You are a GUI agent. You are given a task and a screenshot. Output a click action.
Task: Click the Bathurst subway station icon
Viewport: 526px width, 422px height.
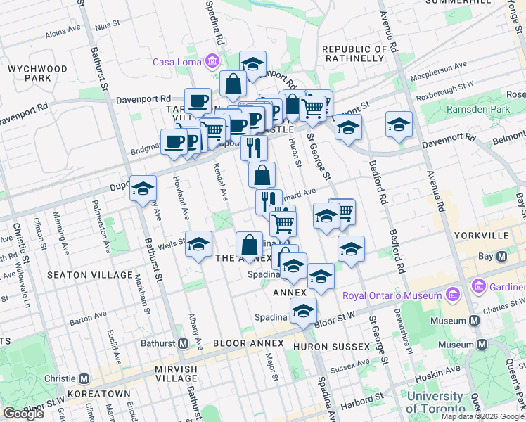183,343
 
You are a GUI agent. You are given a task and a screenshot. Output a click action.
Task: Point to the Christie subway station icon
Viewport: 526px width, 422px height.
84,378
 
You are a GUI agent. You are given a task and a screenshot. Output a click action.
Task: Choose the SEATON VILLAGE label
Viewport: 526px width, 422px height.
76,274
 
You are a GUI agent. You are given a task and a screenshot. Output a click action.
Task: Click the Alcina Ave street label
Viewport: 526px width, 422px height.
63,32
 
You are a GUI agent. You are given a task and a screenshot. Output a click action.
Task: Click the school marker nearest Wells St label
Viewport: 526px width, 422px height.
198,244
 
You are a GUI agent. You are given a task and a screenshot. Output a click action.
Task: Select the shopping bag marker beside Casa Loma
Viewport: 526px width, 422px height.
233,84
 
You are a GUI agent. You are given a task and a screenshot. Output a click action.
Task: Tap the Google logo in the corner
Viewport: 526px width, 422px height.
23,414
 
